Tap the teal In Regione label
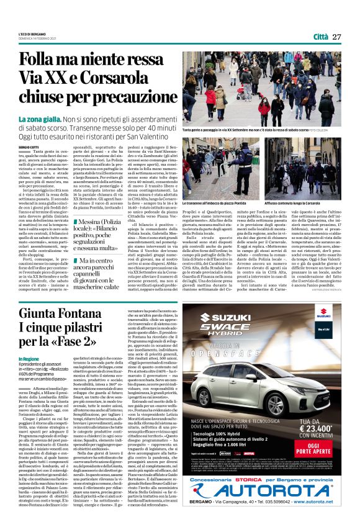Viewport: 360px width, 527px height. click(x=29, y=359)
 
